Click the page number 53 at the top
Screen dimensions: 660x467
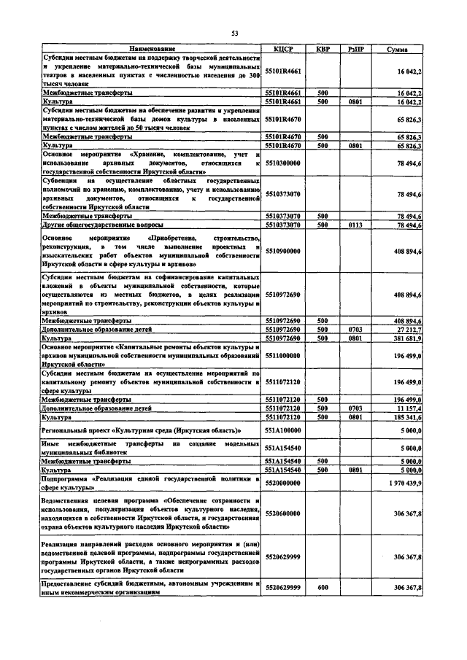tap(235, 34)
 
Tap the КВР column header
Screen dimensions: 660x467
tap(323, 49)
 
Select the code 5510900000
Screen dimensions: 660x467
tap(283, 249)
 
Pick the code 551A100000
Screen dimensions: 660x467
tap(283, 432)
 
